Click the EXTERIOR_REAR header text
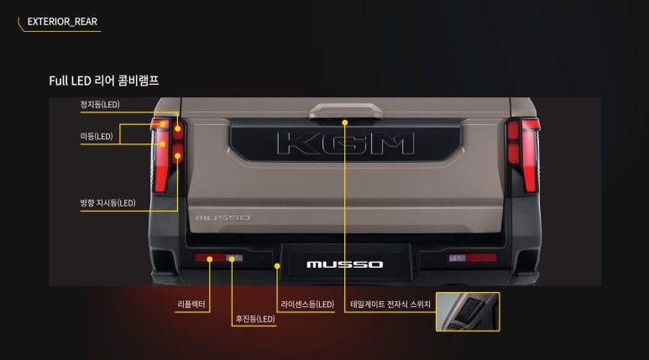[62, 22]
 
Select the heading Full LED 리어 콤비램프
[104, 81]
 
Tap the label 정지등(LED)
[100, 104]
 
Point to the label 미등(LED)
[97, 136]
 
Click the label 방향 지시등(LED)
[108, 203]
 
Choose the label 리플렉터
[191, 304]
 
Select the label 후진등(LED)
[255, 319]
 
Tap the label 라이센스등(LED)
[307, 304]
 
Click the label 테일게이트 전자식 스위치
[390, 304]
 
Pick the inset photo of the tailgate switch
[468, 311]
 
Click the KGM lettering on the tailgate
[346, 143]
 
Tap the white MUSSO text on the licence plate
[345, 264]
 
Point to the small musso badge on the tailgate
[223, 217]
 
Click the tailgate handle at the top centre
[346, 111]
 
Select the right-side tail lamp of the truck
[523, 155]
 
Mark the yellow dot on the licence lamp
[277, 266]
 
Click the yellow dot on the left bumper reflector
[209, 259]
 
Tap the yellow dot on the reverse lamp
[232, 259]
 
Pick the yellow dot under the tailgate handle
[345, 123]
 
